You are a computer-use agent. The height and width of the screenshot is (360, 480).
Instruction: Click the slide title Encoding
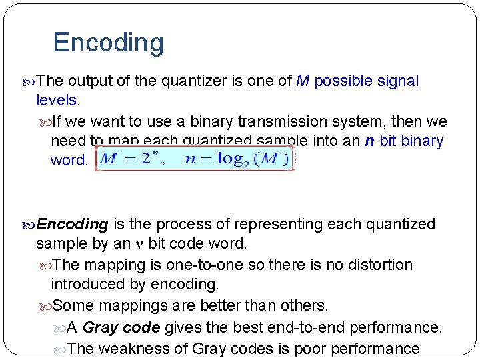[108, 43]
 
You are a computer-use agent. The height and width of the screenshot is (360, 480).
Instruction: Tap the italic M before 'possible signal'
[303, 81]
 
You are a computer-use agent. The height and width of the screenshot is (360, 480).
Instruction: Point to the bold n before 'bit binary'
[369, 141]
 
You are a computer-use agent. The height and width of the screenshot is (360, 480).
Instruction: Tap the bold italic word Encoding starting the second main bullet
[73, 224]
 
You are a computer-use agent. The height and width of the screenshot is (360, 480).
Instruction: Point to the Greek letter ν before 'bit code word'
[139, 243]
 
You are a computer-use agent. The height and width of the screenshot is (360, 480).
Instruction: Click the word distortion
[382, 265]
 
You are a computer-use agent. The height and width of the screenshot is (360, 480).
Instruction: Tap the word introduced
[85, 284]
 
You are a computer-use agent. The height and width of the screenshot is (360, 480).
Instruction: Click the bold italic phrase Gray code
[121, 327]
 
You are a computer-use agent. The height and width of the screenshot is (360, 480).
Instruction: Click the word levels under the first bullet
[57, 101]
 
